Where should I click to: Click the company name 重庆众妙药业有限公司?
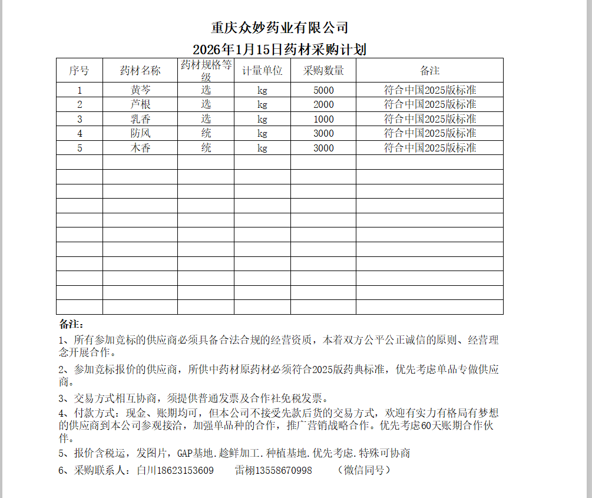point(280,28)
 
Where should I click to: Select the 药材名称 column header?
point(140,71)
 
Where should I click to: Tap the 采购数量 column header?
point(323,71)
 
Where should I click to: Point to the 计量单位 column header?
point(263,71)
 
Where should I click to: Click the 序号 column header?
point(79,71)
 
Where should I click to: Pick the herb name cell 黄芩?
point(140,90)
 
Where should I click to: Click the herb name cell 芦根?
point(140,104)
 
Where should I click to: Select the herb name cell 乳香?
point(140,119)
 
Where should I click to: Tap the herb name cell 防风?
point(140,133)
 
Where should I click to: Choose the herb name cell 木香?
point(140,148)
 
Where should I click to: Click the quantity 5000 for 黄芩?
point(323,90)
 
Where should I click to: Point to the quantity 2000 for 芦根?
point(323,104)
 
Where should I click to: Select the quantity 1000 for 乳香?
point(323,119)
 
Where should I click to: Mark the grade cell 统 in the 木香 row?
point(206,148)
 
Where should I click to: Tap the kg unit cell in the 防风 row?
point(263,133)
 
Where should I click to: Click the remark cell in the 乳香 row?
point(430,119)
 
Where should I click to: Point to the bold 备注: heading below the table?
point(71,324)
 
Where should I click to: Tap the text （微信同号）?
point(364,470)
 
